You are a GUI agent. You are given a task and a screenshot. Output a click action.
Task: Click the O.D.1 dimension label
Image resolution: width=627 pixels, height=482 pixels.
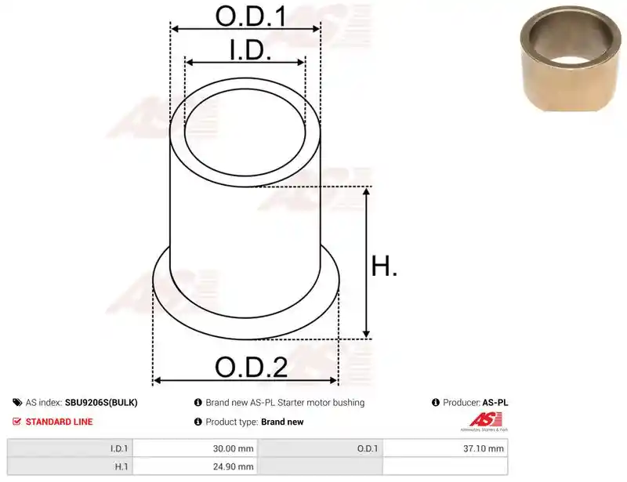click(251, 16)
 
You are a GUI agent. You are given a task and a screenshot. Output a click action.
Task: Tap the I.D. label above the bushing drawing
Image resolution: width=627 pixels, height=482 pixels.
click(250, 50)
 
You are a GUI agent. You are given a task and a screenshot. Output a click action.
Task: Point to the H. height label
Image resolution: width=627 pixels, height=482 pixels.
click(384, 266)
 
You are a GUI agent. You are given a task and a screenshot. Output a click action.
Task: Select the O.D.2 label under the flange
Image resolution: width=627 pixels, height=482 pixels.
click(251, 367)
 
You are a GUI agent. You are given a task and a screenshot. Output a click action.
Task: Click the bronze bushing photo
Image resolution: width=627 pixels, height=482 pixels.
click(571, 58)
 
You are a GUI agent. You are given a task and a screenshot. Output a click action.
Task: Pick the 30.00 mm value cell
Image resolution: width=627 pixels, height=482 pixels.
click(233, 448)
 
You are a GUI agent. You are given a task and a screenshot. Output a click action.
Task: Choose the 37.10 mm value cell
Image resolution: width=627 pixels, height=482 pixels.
click(484, 448)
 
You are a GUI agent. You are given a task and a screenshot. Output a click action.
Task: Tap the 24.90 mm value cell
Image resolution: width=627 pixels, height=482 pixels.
click(233, 466)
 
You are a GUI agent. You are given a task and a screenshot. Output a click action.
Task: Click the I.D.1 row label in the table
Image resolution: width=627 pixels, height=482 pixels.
click(119, 448)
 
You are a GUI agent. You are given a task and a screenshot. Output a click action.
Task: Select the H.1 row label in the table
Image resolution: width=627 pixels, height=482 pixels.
click(121, 466)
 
